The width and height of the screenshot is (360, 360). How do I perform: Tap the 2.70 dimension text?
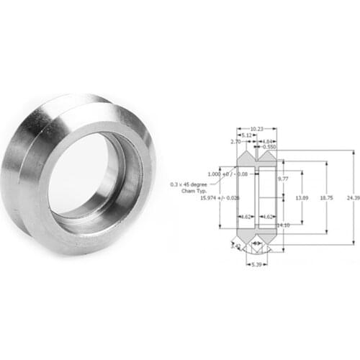[235, 143]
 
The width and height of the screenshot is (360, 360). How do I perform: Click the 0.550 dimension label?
[270, 148]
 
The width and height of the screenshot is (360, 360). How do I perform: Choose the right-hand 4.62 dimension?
[266, 216]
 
